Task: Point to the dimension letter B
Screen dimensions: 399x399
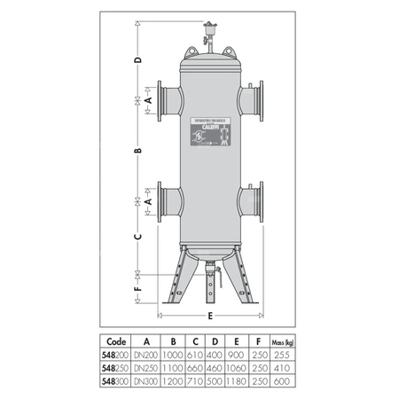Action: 137,152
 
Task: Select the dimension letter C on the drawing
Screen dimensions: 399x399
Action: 137,237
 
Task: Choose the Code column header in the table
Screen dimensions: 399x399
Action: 115,340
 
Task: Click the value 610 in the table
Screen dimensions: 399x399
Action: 195,352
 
